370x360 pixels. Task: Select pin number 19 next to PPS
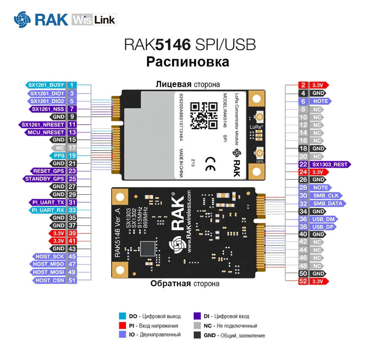point(72,156)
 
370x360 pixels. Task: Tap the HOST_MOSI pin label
point(48,272)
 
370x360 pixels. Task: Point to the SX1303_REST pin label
point(330,164)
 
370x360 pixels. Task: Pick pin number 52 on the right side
point(303,281)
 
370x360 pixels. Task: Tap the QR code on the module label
point(204,115)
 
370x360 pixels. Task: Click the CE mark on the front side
point(210,164)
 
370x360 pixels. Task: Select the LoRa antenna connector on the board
point(259,117)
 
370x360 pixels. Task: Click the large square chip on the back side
point(148,248)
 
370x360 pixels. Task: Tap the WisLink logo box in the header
point(94,20)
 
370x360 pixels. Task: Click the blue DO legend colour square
point(123,316)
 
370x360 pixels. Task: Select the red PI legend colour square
point(123,325)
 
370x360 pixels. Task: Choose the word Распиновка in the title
point(188,62)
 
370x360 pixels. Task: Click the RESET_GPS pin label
point(48,171)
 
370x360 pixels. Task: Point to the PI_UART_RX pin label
point(48,210)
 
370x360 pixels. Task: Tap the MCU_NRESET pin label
point(45,132)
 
